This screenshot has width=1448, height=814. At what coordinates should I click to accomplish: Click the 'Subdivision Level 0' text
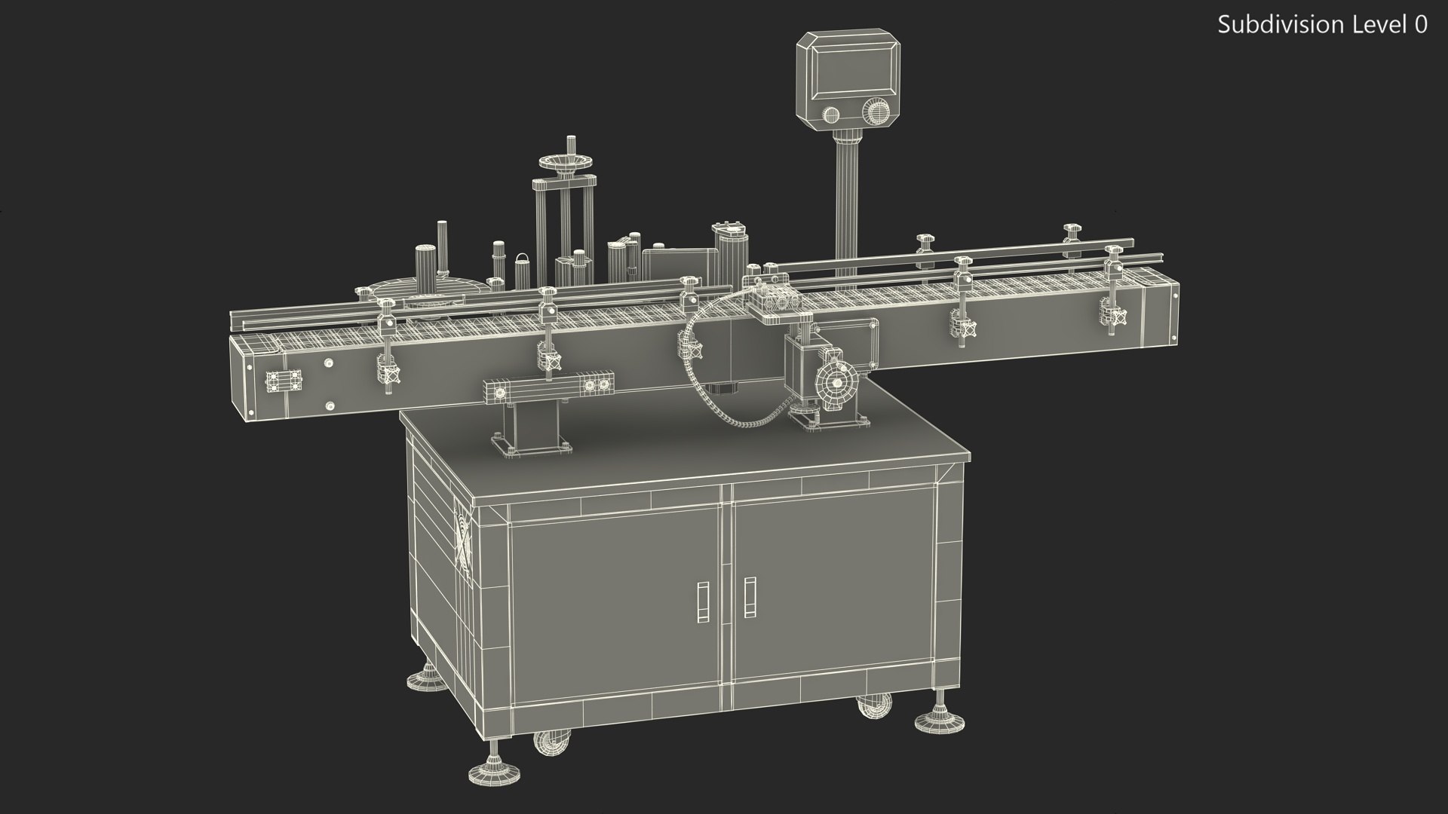1322,25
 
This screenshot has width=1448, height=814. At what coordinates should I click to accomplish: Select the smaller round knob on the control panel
830,115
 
